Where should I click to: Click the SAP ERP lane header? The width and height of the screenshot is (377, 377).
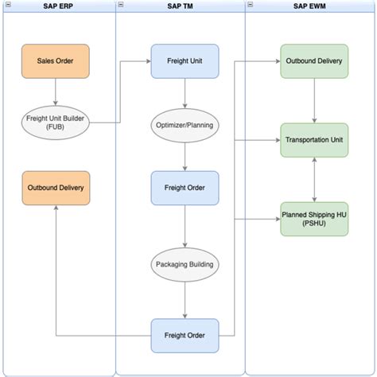[x=56, y=6]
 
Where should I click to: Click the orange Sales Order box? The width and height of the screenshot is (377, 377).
[x=56, y=60]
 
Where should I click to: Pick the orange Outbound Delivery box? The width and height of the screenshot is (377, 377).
[x=56, y=188]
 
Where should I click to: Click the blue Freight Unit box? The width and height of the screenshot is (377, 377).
[x=185, y=60]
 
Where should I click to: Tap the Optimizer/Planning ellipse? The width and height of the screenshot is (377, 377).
[x=185, y=125]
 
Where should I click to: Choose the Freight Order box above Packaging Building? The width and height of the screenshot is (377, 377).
[x=185, y=188]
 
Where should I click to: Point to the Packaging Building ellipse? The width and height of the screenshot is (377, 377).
[x=185, y=262]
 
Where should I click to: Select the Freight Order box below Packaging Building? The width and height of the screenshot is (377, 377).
[x=185, y=335]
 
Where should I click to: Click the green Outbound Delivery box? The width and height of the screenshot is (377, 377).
[x=314, y=60]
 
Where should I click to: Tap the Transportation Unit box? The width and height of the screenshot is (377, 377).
[x=314, y=140]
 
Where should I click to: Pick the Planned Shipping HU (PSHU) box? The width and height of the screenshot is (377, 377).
[x=314, y=219]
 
